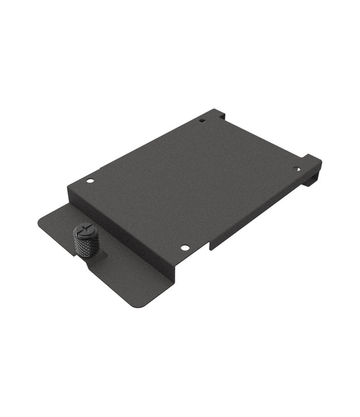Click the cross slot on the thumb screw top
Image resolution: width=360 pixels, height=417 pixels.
[86, 229]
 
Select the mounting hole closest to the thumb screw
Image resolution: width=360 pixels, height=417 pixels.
[90, 181]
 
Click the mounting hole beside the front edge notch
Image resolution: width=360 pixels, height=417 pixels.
[184, 247]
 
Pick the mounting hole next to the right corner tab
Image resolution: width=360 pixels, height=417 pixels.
[296, 169]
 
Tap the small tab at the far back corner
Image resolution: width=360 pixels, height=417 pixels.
[222, 114]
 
